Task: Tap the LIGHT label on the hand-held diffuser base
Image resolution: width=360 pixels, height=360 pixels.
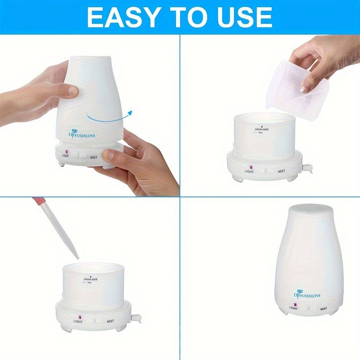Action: [x=66, y=155]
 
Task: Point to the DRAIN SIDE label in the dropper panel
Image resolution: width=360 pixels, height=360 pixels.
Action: [x=90, y=279]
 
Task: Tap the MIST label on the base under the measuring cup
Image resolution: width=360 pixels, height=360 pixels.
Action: [x=281, y=171]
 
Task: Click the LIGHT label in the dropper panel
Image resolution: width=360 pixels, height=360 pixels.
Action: [x=78, y=321]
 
